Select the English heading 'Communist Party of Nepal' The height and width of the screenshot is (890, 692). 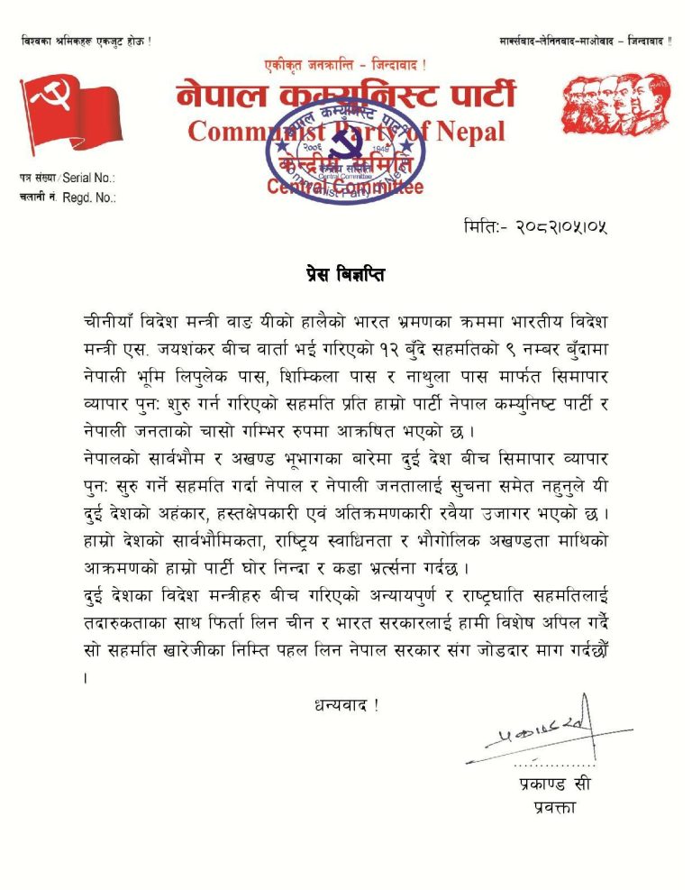[346, 132]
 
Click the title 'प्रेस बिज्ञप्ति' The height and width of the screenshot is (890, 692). [346, 274]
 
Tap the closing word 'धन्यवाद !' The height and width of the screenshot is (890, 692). [346, 704]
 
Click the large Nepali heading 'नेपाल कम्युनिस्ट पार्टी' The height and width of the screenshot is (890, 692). [346, 96]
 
